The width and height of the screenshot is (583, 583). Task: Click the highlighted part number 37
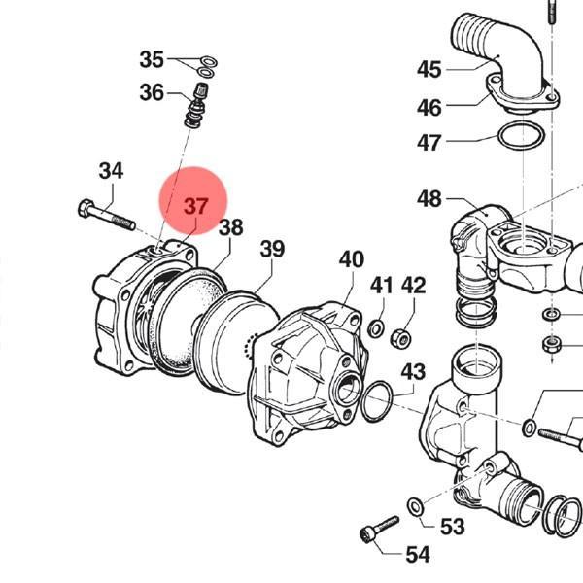195,206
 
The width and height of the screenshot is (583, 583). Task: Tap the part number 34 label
111,171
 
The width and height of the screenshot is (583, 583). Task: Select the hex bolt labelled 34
106,216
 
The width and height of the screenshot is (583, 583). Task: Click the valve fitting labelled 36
196,106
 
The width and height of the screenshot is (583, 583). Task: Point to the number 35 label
152,59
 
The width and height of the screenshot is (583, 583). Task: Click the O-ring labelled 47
522,136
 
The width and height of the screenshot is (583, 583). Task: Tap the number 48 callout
429,199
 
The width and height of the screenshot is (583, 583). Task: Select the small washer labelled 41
376,328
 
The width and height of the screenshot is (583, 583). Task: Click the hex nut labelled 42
400,338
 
